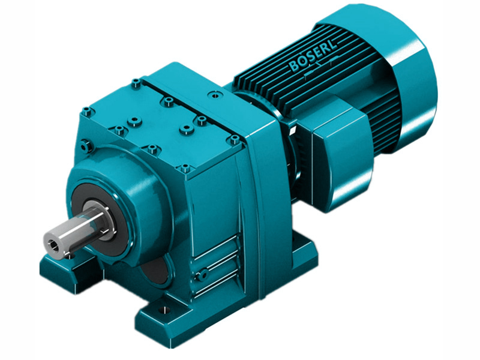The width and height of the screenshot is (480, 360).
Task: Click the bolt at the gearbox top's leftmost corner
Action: (87, 110)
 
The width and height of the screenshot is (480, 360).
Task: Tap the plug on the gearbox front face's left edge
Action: (84, 144)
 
